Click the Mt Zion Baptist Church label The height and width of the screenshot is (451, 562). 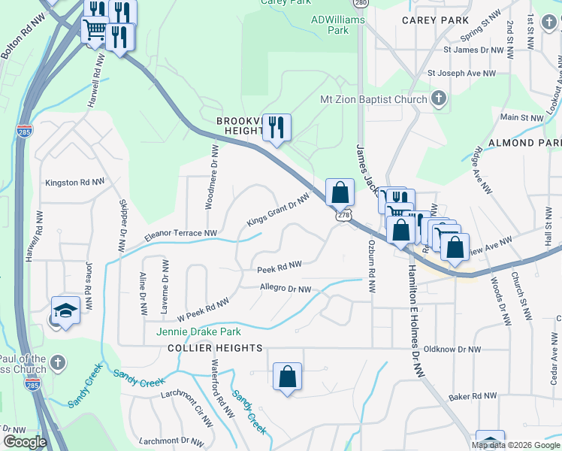373,99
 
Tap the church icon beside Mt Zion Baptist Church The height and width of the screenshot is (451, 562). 439,99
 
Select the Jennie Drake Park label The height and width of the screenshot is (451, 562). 198,331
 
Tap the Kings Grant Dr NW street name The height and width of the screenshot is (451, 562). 279,211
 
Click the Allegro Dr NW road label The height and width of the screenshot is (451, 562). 285,289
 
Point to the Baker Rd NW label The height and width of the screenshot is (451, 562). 473,395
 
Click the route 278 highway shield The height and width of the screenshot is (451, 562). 343,215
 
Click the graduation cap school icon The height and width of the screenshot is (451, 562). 65,310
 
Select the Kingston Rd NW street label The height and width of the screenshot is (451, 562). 74,182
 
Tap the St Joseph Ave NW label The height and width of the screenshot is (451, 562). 461,74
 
